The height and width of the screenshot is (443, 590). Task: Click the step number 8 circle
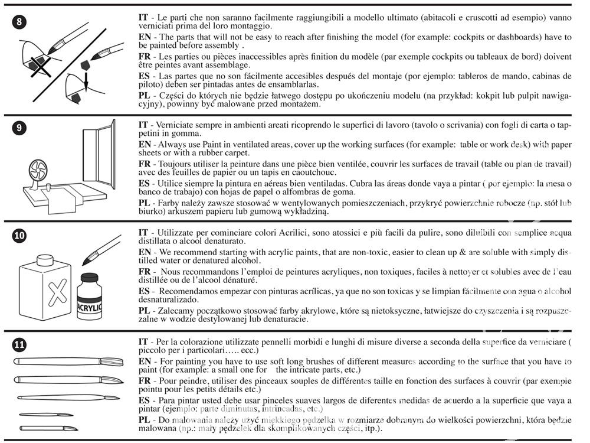pos(20,23)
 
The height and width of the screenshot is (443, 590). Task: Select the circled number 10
pos(19,236)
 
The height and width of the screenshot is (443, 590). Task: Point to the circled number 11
pos(19,344)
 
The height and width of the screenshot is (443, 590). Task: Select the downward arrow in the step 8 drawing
pos(86,82)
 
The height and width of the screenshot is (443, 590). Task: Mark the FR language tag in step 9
pos(145,164)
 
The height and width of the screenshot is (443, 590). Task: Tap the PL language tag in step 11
pos(144,419)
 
